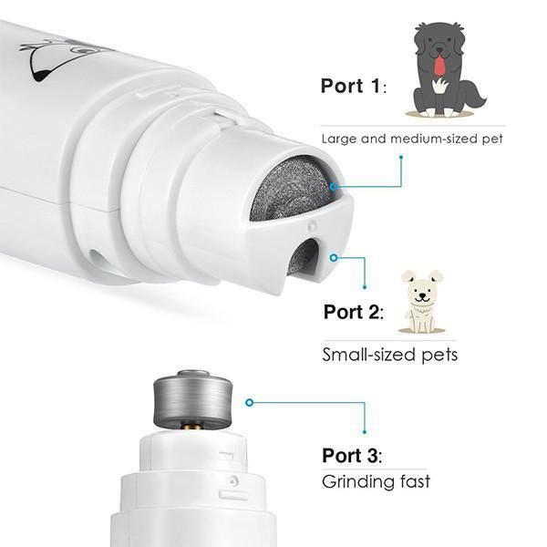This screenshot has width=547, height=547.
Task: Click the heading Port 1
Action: pos(354,86)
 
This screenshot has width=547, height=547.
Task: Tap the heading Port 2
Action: pos(354,312)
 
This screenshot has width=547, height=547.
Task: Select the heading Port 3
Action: pos(352,456)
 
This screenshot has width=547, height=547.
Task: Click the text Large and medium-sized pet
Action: pos(412,139)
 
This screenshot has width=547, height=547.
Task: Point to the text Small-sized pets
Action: pos(389,355)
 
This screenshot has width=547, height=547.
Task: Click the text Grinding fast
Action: pos(376,481)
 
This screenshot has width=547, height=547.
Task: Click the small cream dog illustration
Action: pos(422,301)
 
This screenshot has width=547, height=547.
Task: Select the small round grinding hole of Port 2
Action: pos(303,257)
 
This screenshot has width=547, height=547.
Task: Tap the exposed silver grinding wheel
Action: pos(193,398)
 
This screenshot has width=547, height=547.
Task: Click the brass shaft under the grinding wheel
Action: pos(193,427)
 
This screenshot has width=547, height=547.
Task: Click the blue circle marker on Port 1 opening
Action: pos(334,187)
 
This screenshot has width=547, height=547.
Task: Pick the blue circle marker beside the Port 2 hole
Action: pos(334,258)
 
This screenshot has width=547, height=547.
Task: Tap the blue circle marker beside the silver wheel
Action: pos(249,403)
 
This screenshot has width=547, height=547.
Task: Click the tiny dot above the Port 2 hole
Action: pos(312,226)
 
